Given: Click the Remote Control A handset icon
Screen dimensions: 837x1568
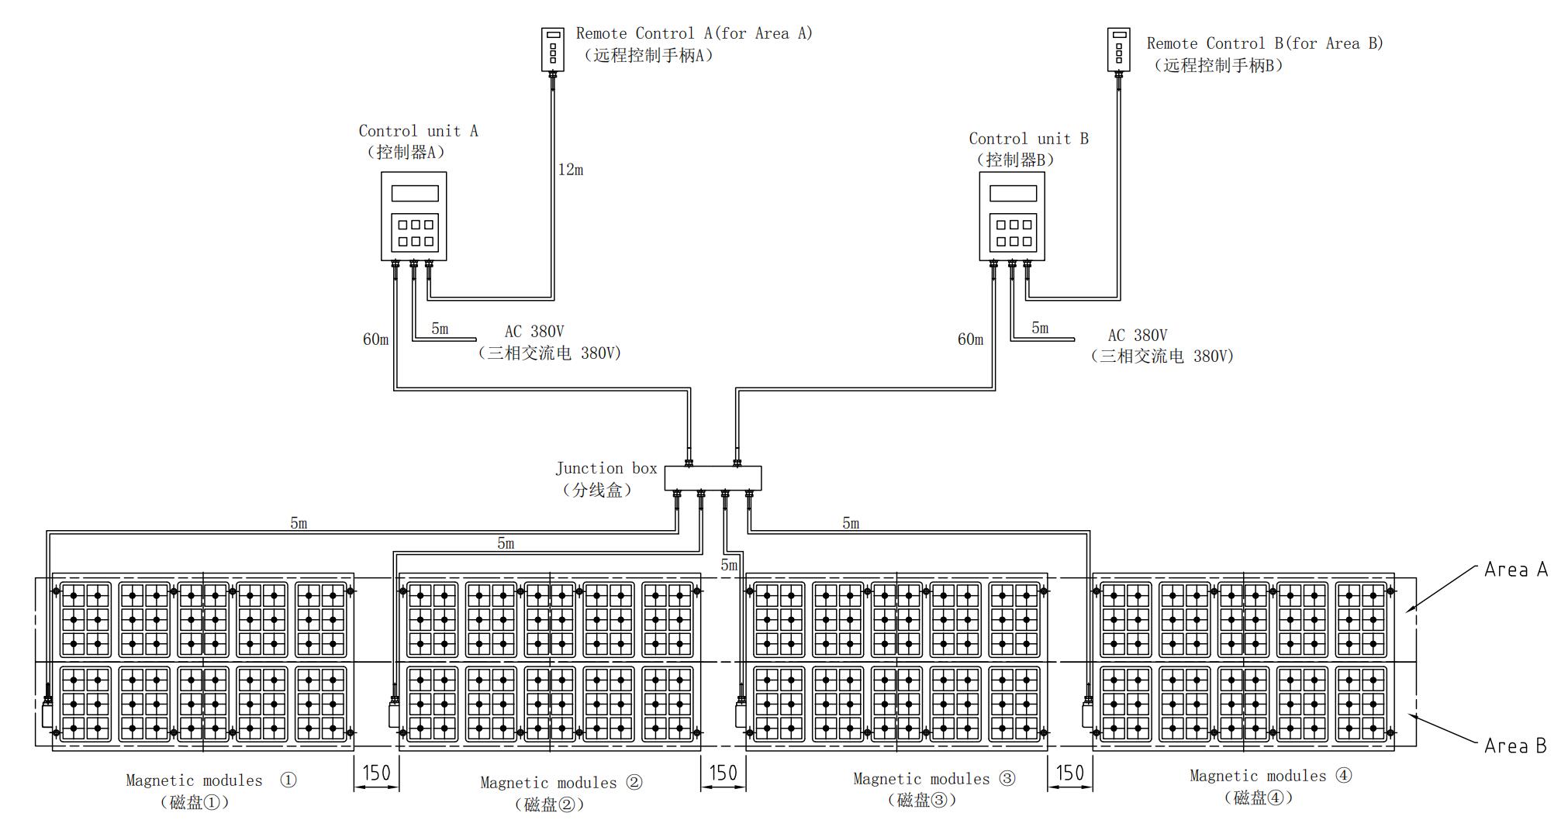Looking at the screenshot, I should [552, 50].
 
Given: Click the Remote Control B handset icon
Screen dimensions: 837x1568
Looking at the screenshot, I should [1118, 50].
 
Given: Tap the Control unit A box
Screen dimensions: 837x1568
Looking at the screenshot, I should [413, 216].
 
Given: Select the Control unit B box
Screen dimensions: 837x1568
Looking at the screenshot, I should [1011, 216].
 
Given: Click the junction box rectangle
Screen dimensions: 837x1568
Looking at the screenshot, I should [713, 478].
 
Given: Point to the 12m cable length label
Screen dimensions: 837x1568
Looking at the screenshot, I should [571, 170].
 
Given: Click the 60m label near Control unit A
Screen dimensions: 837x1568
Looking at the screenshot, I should [375, 339].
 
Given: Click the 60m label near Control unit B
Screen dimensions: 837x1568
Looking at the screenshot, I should [970, 339].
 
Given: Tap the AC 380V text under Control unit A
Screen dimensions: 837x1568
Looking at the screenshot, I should [534, 332].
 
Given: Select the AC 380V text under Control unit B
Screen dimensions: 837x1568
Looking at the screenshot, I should [1137, 336].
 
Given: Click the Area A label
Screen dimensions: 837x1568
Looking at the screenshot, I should [1515, 570].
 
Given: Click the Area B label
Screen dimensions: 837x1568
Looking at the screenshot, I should [1515, 746].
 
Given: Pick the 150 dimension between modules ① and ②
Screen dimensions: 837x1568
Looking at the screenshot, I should [377, 773].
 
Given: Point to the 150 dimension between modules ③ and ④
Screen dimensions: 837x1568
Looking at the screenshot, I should [1070, 773].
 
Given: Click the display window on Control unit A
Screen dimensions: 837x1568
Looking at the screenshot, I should [414, 193].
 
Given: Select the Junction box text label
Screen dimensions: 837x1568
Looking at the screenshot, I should [606, 468].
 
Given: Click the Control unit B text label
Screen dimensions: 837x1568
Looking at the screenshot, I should [1028, 139].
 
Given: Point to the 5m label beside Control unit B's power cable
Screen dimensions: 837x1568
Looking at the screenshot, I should [1040, 328].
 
